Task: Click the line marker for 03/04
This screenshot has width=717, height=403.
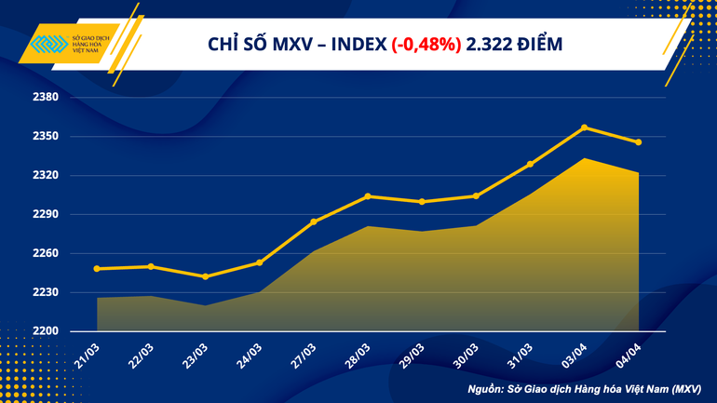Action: (584, 128)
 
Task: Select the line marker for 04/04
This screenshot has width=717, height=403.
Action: (638, 142)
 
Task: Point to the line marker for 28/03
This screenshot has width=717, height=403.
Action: (368, 196)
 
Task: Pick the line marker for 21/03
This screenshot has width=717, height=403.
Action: (97, 269)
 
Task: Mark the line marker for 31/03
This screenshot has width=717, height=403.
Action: (530, 164)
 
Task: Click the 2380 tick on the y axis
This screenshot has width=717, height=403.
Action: (46, 98)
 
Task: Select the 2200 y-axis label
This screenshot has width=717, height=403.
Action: (46, 331)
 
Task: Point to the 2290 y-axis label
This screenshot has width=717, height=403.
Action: (46, 215)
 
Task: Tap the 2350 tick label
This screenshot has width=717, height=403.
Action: (46, 137)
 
